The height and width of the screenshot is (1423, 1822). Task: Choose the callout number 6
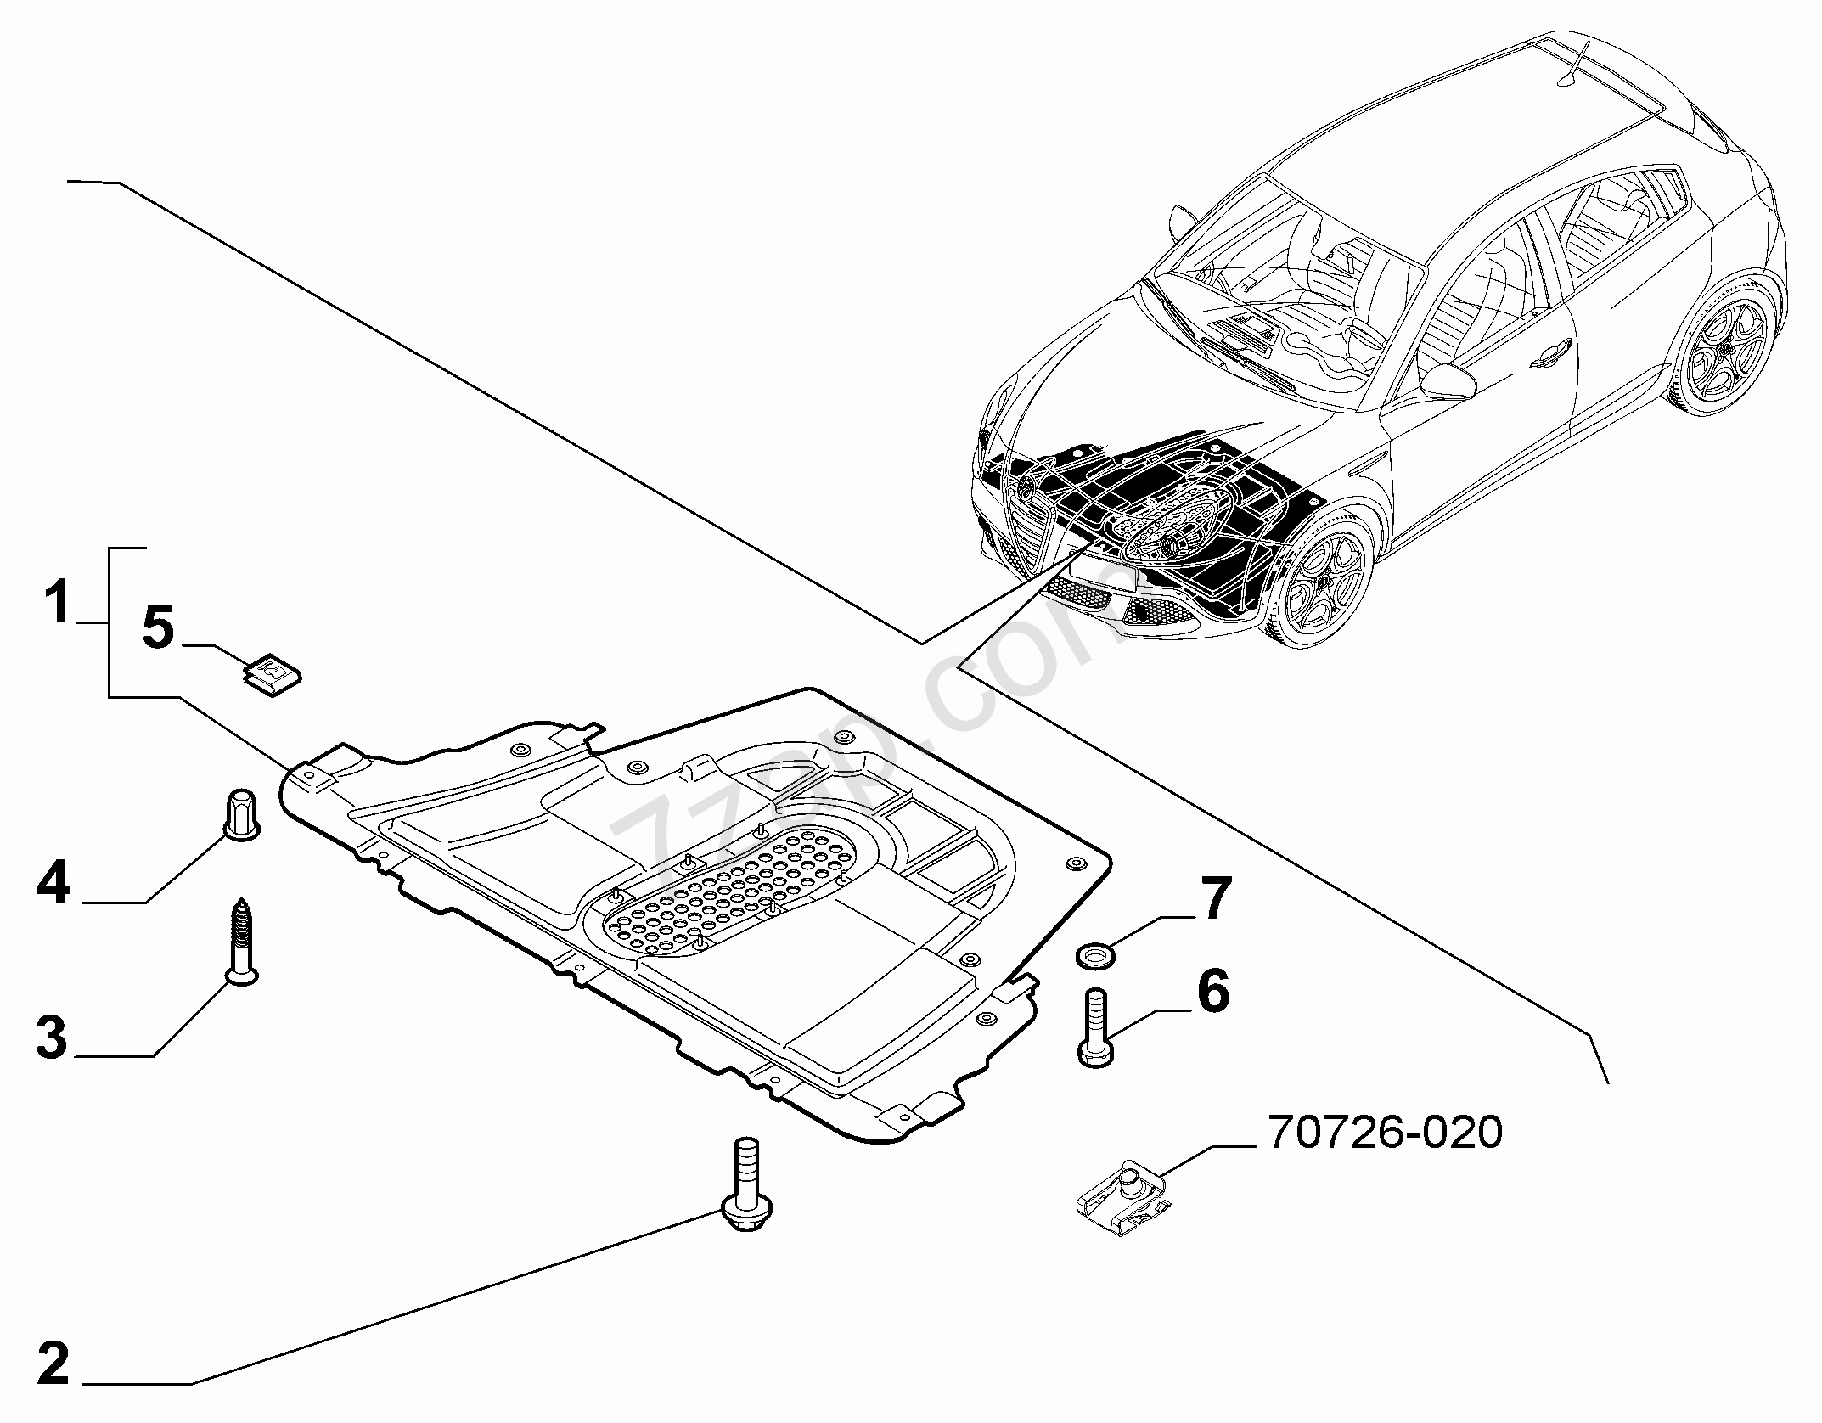[1212, 992]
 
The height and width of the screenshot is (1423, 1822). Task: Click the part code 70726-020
[1385, 1132]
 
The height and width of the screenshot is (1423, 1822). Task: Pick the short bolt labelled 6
[1096, 1026]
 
